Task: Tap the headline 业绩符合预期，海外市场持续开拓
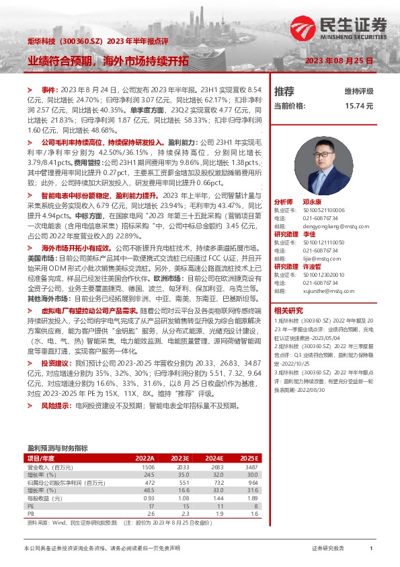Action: (x=108, y=61)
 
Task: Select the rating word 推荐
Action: (x=284, y=91)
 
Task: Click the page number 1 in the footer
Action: (x=371, y=549)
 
